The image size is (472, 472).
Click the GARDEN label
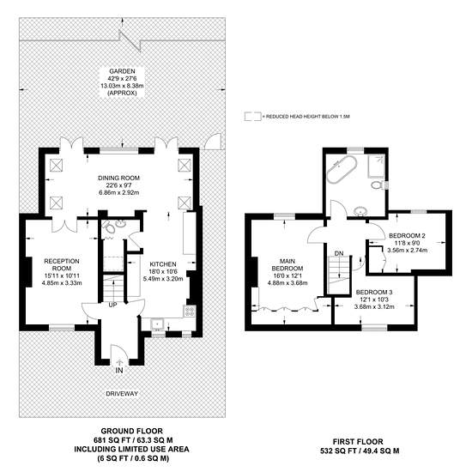[122, 71]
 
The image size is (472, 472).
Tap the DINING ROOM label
[119, 178]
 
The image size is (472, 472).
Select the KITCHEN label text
[163, 264]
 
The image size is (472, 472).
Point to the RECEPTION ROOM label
[62, 264]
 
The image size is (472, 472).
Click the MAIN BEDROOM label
[287, 264]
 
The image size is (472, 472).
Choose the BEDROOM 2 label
[407, 235]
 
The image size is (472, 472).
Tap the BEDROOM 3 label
[374, 292]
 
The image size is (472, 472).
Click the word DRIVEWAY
[122, 393]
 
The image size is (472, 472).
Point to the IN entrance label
[119, 370]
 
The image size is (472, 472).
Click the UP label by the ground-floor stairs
[112, 305]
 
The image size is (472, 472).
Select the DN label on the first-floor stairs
[339, 253]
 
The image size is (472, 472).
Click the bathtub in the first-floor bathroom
[342, 169]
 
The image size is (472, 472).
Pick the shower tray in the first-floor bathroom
[376, 166]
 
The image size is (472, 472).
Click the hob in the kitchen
[190, 311]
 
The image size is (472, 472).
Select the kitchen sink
[157, 324]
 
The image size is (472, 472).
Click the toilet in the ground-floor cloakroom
[109, 228]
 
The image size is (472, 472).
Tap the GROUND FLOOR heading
[131, 431]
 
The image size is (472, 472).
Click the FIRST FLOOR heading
[358, 442]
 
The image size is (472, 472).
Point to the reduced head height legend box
[252, 117]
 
